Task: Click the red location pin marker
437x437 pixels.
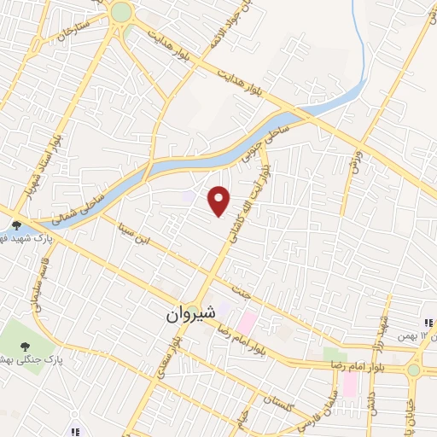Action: tap(219, 201)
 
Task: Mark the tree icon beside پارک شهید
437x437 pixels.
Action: tap(16, 225)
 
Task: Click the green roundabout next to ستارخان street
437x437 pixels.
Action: tap(121, 12)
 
